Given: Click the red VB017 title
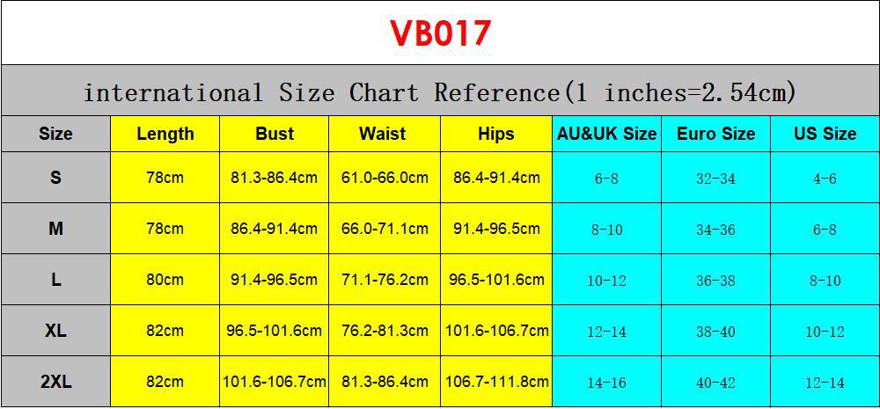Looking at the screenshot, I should pyautogui.click(x=440, y=33).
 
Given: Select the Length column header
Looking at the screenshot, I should pyautogui.click(x=165, y=134).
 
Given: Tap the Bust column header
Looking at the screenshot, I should pyautogui.click(x=275, y=134).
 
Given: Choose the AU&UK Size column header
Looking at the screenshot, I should pyautogui.click(x=606, y=134).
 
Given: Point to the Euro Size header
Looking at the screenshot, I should pyautogui.click(x=715, y=134).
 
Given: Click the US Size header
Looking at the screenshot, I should pyautogui.click(x=825, y=134).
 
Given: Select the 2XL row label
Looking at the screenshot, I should pyautogui.click(x=55, y=382).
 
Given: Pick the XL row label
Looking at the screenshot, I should pyautogui.click(x=55, y=331).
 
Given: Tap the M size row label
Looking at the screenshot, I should pyautogui.click(x=55, y=229).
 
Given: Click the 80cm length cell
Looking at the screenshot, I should pyautogui.click(x=165, y=280).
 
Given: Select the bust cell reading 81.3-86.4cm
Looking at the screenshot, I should pyautogui.click(x=274, y=178).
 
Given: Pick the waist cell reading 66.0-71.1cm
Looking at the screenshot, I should pyautogui.click(x=385, y=229).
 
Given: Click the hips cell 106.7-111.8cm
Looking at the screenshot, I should pyautogui.click(x=496, y=382).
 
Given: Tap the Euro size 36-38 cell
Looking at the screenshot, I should pyautogui.click(x=715, y=281).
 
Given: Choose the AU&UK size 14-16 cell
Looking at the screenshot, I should pyautogui.click(x=606, y=383).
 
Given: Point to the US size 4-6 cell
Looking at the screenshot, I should pyautogui.click(x=825, y=179).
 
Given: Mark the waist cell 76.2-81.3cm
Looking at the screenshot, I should pyautogui.click(x=385, y=331).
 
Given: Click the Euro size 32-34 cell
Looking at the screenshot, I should pyautogui.click(x=715, y=179).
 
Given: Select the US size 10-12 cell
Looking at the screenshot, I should pyautogui.click(x=825, y=332).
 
